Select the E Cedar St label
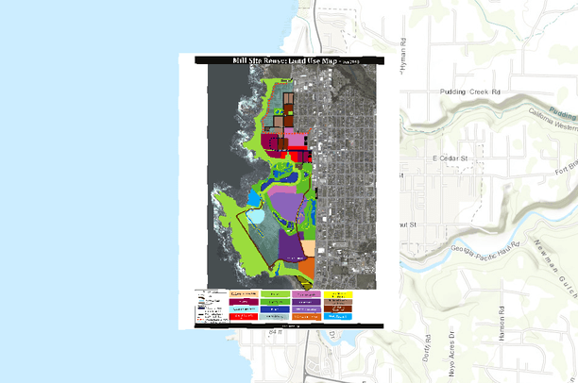point(451,158)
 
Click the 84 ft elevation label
point(274,333)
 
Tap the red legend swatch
point(245,316)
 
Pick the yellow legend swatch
point(337,295)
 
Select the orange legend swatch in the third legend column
point(307,316)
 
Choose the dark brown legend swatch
point(337,308)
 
